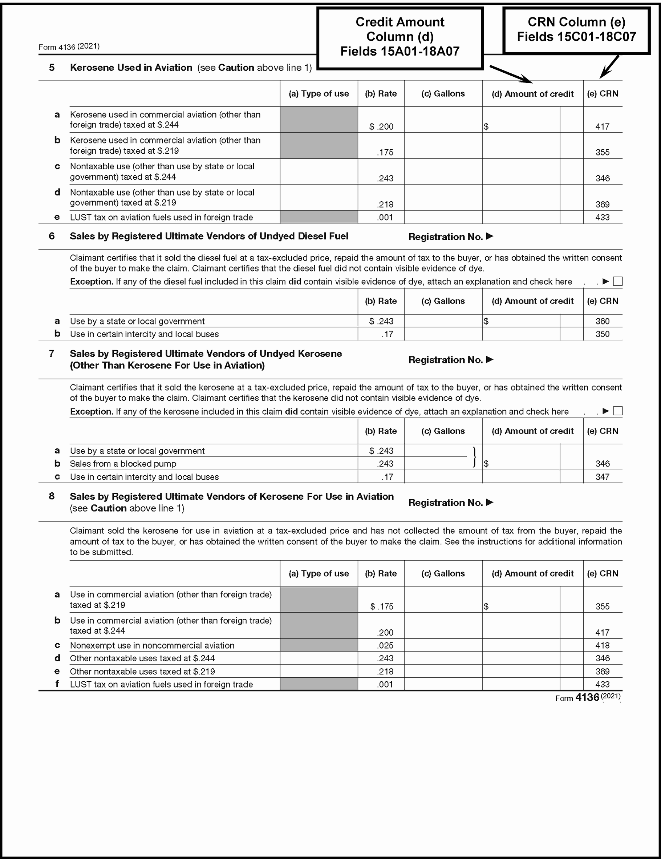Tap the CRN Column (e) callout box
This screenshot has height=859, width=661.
pos(576,30)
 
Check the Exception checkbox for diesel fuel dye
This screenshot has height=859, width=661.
pos(618,281)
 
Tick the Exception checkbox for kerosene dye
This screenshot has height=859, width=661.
pos(618,411)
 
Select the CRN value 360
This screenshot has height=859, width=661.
pos(602,321)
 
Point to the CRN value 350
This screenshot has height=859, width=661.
pos(602,334)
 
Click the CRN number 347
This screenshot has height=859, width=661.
pos(602,477)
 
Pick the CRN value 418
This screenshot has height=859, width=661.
pos(602,645)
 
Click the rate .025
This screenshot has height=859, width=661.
pos(385,645)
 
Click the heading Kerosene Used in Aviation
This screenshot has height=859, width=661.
pos(131,68)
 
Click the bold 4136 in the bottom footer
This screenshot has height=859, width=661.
pos(587,697)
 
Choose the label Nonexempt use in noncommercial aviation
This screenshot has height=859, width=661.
pos(152,645)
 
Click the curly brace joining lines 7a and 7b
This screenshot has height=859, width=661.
pos(475,457)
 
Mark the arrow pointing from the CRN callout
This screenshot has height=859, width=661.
pos(609,67)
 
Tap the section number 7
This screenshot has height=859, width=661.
pos(52,354)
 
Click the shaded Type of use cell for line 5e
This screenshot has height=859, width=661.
pos(319,217)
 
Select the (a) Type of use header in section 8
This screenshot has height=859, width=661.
pos(319,573)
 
